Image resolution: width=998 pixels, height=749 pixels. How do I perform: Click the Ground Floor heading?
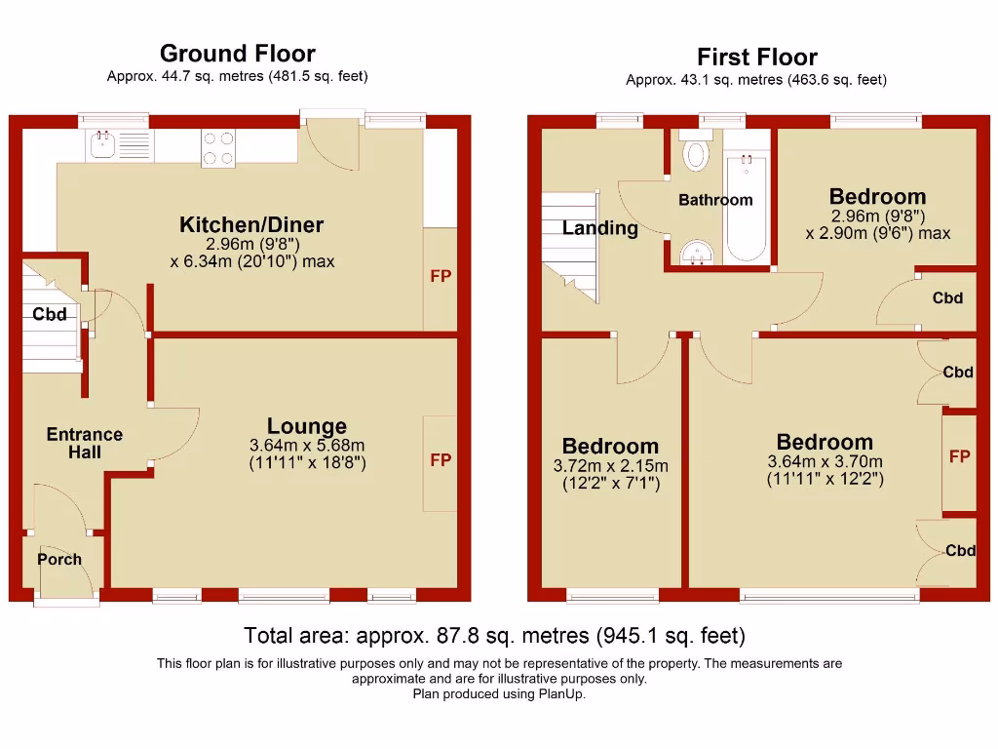point(237,54)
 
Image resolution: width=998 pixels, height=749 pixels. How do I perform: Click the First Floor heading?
point(756,58)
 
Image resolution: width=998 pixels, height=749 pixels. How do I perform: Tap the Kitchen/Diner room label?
point(251,225)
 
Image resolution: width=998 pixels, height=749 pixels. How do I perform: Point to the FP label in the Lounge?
point(441,460)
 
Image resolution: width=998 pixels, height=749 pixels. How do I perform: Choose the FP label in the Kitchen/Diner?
point(441,277)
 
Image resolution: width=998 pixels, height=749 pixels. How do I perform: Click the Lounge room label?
point(307,426)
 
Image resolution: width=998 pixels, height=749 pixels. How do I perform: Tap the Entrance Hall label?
point(85,443)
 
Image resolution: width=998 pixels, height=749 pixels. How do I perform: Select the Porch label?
point(59,560)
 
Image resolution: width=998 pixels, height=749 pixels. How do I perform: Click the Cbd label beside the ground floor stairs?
point(50,314)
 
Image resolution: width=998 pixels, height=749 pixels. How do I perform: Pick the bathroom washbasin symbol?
point(696,253)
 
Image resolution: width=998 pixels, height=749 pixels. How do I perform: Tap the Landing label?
point(600,228)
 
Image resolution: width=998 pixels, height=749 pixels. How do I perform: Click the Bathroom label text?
point(715,200)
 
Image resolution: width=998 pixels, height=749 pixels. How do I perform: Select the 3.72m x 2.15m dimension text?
point(611,466)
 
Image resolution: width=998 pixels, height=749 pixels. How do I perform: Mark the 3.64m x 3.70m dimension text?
point(825,461)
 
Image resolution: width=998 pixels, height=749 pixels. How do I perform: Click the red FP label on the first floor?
point(960,456)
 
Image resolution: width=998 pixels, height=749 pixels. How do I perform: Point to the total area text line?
point(494,636)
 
